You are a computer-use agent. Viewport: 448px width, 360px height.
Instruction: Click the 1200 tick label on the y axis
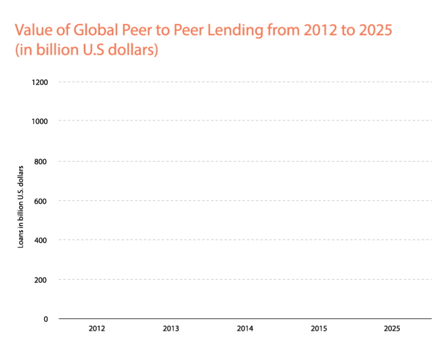coord(41,82)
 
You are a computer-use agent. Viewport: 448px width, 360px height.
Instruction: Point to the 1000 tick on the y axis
coord(41,121)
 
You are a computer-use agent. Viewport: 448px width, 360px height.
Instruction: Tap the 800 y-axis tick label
coord(43,161)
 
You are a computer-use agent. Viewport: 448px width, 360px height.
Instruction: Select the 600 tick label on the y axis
coord(43,200)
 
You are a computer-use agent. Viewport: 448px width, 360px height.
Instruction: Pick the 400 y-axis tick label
coord(43,240)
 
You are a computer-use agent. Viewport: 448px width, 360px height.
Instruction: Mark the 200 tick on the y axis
coord(43,279)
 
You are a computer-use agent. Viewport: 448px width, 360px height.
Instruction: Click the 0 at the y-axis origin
coord(46,319)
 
